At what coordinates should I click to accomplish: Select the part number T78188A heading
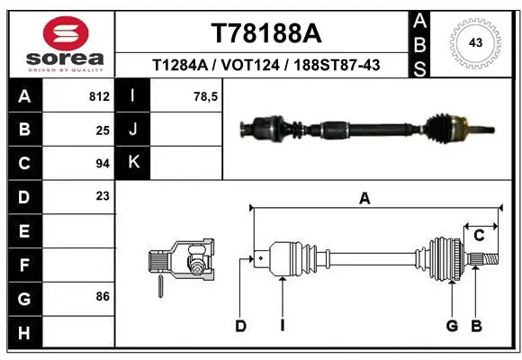(x=265, y=33)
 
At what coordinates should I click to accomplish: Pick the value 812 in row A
(x=99, y=96)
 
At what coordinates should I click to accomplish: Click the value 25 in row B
(x=103, y=130)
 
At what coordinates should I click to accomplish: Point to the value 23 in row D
(x=103, y=195)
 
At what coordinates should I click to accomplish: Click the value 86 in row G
(x=103, y=296)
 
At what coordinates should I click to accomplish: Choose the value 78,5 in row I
(x=207, y=96)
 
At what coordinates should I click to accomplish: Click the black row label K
(x=133, y=163)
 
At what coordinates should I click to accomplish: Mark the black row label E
(x=23, y=230)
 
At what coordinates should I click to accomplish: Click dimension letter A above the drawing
(x=364, y=200)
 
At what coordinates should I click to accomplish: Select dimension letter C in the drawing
(x=479, y=236)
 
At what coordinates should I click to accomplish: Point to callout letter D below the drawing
(x=240, y=326)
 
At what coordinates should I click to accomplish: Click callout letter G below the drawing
(x=452, y=326)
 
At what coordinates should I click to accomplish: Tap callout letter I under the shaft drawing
(x=282, y=326)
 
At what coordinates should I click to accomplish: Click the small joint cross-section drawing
(x=180, y=264)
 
